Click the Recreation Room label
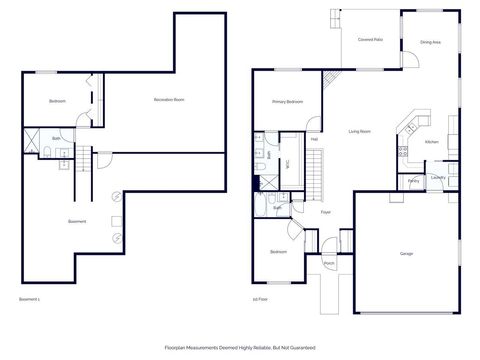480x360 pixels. [x=170, y=100]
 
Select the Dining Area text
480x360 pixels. [x=431, y=42]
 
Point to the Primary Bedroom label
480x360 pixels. [x=287, y=102]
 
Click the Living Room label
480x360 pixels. [x=359, y=131]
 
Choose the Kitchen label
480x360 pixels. [x=432, y=142]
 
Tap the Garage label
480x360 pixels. [x=407, y=253]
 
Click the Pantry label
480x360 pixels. [x=413, y=181]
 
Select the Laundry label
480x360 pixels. [x=437, y=178]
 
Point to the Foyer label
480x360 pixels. [x=325, y=212]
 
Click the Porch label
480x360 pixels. [x=329, y=263]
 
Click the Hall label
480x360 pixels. [x=314, y=138]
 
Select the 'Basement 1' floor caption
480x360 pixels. [x=29, y=299]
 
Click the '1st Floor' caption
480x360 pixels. [x=261, y=299]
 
